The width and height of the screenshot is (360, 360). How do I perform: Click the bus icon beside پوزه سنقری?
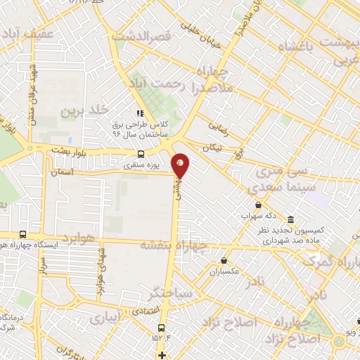point(141,154)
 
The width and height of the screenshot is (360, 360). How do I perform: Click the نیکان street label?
point(211,149)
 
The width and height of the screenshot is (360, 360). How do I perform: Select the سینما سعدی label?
point(274,188)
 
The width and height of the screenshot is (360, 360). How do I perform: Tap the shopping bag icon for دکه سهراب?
point(259,205)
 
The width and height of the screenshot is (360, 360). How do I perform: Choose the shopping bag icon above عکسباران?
point(224,259)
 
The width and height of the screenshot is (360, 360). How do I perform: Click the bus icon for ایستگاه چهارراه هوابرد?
point(23,235)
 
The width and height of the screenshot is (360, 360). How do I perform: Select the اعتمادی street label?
point(144,311)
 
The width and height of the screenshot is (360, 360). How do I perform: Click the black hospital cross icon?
point(162,354)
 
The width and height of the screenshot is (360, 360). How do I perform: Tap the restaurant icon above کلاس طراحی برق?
point(141,112)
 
